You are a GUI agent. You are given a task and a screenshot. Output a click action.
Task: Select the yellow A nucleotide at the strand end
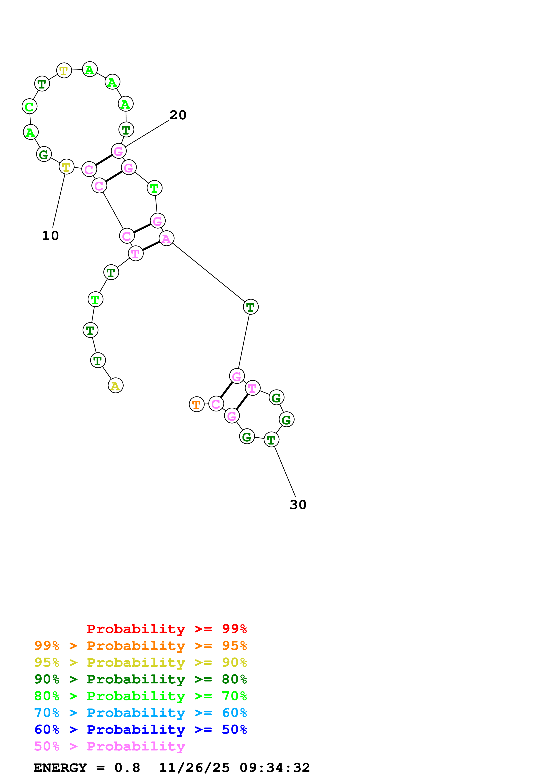[115, 386]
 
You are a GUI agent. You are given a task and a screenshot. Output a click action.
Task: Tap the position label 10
[50, 236]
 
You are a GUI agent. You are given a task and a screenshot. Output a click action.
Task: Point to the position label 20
[178, 115]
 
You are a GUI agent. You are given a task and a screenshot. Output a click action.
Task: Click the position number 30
[298, 505]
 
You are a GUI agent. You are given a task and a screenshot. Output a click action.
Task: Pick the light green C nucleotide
[29, 107]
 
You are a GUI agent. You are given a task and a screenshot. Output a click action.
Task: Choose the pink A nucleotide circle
[166, 238]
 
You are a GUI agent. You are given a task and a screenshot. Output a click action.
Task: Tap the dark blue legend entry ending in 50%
[140, 729]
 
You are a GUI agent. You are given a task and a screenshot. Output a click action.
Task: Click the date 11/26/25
[194, 768]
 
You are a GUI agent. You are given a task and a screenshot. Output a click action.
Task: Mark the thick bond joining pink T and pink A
[151, 246]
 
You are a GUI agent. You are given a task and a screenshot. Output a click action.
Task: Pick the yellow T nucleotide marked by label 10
[66, 167]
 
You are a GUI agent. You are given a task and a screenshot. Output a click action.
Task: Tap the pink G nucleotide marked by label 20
[118, 151]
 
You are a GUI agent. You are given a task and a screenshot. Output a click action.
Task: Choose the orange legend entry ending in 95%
[140, 645]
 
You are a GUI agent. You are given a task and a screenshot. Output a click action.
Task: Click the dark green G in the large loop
[44, 154]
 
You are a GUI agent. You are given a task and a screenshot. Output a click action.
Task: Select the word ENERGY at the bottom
[60, 768]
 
